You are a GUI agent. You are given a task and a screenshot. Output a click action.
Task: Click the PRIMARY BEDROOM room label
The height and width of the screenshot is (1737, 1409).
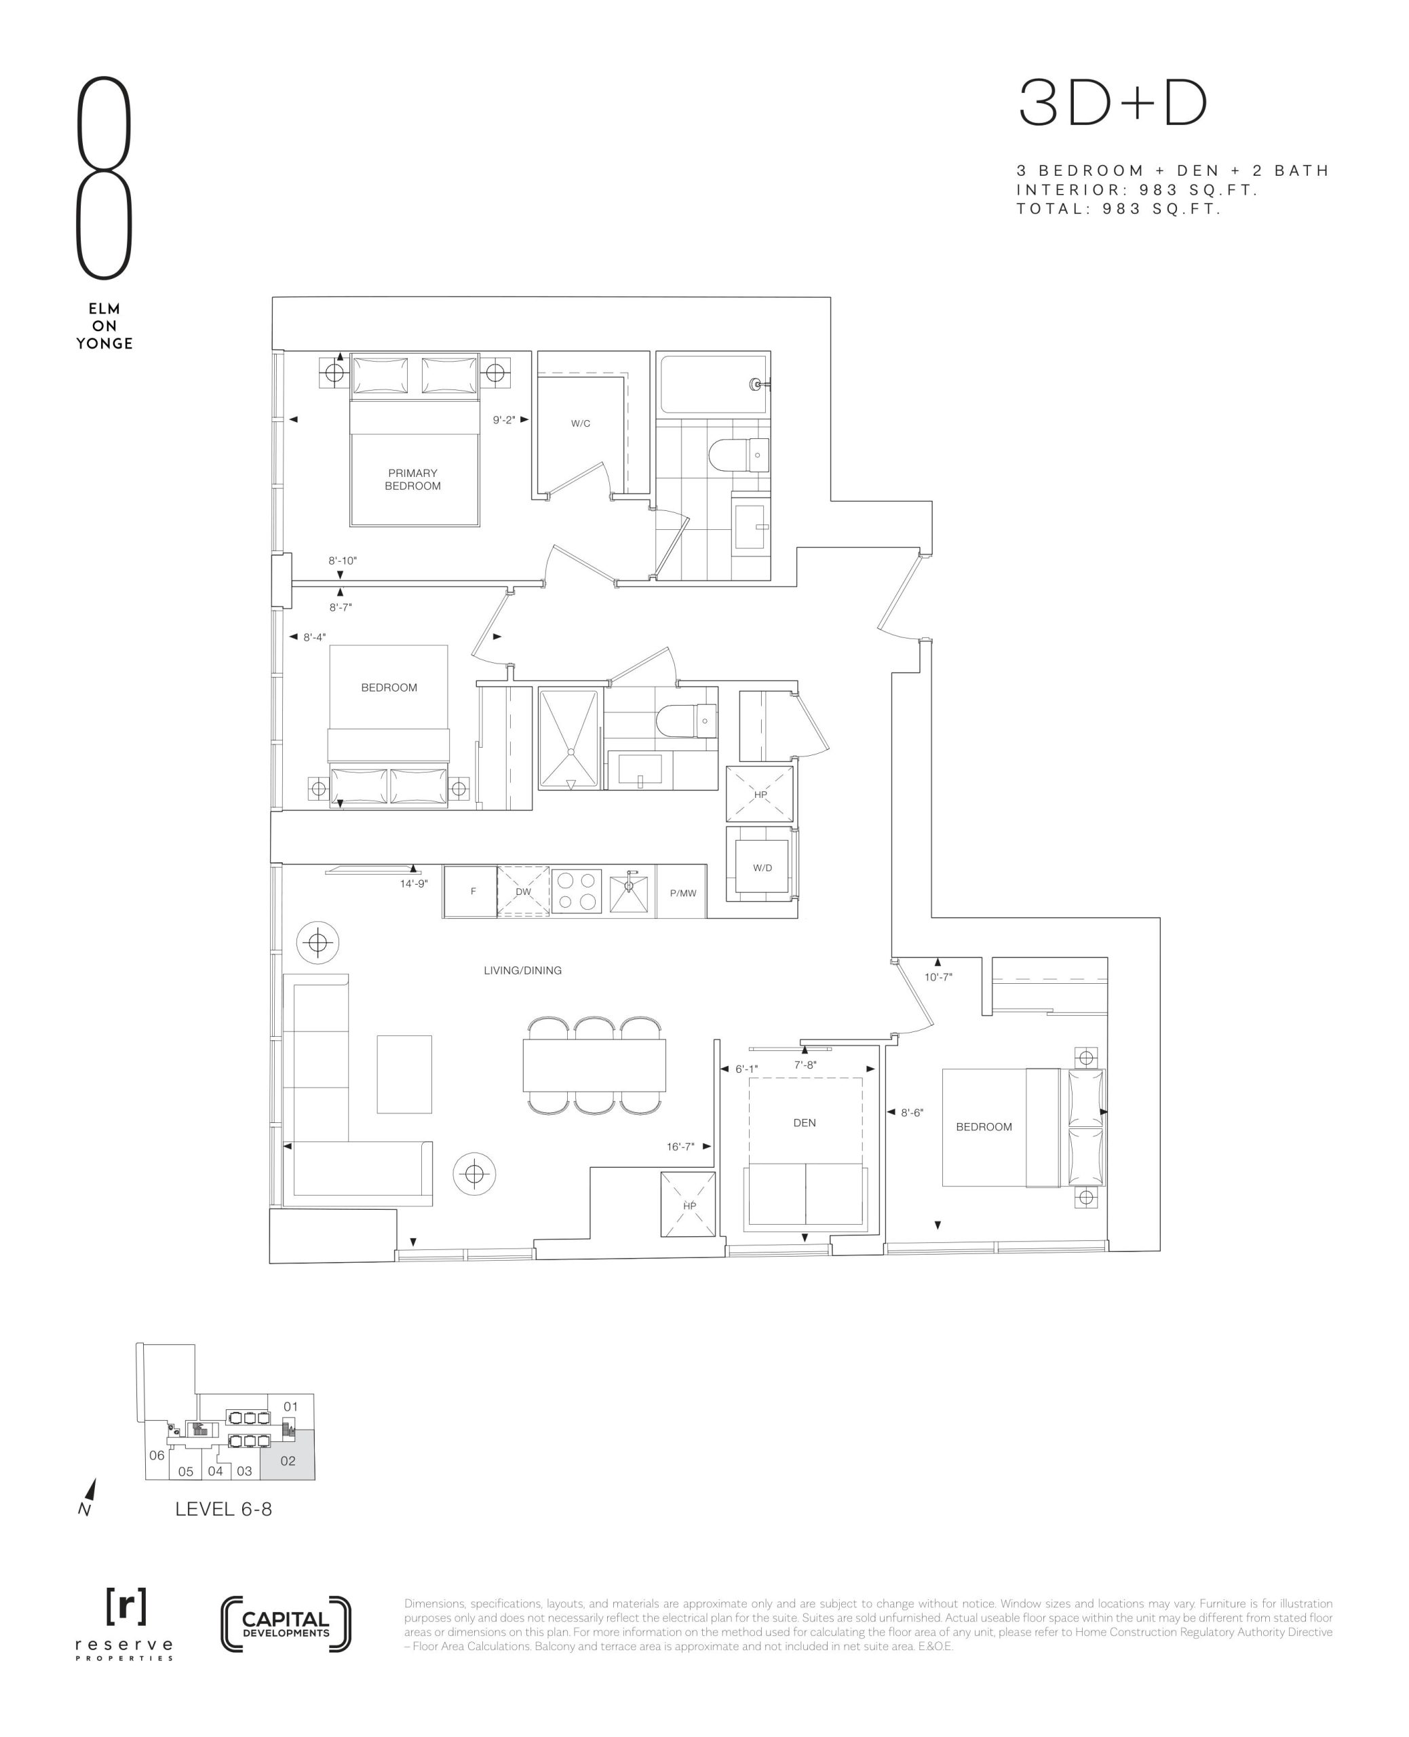412,479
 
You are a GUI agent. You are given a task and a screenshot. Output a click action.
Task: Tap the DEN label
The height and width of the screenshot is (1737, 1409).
805,1122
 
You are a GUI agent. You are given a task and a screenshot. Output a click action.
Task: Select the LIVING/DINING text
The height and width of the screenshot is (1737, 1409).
522,970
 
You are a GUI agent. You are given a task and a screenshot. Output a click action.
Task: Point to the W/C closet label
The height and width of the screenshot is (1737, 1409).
580,423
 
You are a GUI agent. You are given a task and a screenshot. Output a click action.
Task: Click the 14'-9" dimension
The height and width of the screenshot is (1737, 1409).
413,883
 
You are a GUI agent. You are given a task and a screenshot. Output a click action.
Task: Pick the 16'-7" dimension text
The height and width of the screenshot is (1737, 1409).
680,1146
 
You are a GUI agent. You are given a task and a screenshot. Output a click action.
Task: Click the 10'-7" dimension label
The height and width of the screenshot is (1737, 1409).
938,976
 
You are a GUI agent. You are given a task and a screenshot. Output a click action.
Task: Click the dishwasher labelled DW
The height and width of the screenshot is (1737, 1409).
522,891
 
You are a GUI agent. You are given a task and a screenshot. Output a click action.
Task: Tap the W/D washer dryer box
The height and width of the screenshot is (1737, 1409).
762,867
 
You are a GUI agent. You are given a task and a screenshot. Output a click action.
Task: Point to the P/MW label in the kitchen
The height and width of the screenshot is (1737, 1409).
682,893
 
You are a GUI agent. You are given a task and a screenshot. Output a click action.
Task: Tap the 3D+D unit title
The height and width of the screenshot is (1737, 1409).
1113,103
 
